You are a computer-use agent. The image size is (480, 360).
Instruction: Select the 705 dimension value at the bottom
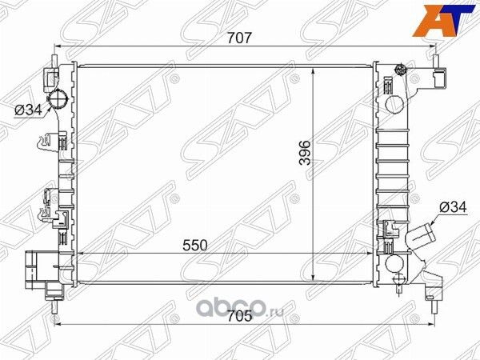240,315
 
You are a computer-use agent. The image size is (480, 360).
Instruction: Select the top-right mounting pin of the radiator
435,58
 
